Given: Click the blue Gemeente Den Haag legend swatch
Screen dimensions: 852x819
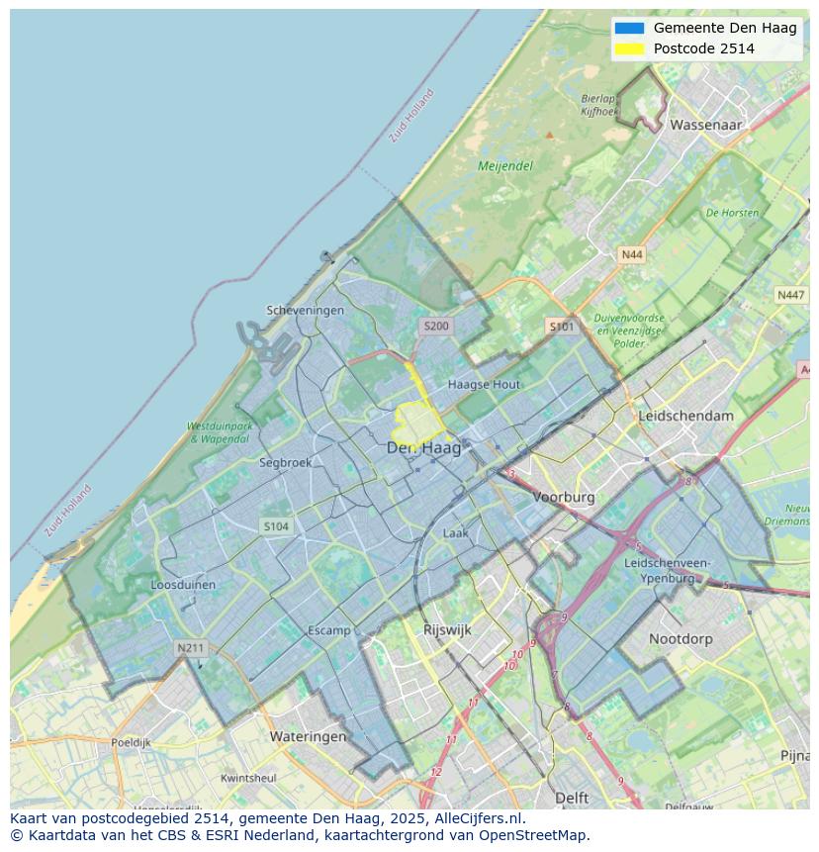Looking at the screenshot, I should [629, 28].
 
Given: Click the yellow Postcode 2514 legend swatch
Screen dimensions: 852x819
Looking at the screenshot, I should [629, 48].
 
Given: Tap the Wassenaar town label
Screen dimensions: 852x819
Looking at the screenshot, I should [705, 126].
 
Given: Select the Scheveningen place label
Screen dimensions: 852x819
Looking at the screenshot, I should [306, 310].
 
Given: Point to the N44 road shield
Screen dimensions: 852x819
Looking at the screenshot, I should [631, 254].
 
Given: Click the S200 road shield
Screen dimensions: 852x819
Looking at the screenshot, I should [435, 326].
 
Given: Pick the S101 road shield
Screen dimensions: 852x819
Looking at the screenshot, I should [561, 326].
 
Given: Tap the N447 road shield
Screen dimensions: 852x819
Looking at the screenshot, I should [790, 295].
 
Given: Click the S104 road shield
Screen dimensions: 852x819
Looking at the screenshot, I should [276, 526].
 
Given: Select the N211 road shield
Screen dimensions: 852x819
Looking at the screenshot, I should [190, 648].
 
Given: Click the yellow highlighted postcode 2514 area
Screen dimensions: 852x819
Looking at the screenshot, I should [416, 423].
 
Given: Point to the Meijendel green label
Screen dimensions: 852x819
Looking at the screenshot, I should [504, 166].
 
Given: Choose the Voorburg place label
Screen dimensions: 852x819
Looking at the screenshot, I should [564, 497].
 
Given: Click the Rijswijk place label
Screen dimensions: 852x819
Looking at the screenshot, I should [447, 629].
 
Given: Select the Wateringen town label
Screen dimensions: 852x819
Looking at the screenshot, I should [308, 736].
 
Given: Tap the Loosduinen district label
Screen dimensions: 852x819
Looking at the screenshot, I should [183, 585].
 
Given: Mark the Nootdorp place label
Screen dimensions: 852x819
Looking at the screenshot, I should [681, 639].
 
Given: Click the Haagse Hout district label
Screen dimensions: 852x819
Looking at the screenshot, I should [484, 384].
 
